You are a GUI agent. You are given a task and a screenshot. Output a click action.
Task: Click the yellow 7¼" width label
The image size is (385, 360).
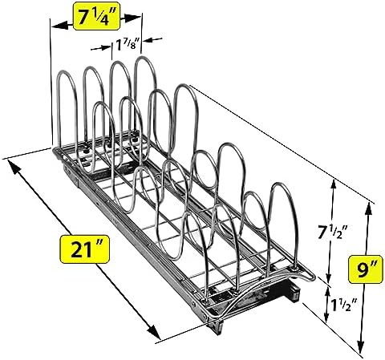(x=97, y=16)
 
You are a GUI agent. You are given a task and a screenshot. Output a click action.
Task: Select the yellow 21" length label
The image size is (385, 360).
(x=84, y=249)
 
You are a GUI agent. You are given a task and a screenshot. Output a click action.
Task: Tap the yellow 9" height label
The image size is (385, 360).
(x=365, y=269)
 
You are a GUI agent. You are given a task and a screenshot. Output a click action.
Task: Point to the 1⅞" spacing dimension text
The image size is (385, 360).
(x=128, y=45)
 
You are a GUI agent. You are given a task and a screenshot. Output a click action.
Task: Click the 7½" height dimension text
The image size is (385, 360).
(x=332, y=232)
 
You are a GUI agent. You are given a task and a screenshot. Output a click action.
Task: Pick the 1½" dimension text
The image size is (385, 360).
(x=344, y=305)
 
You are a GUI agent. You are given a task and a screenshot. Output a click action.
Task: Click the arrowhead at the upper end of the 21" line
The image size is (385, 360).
(x=14, y=166)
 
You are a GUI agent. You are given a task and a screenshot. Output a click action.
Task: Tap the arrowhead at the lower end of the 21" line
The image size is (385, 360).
(x=153, y=331)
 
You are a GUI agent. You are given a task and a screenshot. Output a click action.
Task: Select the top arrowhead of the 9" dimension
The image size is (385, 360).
(x=368, y=208)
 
